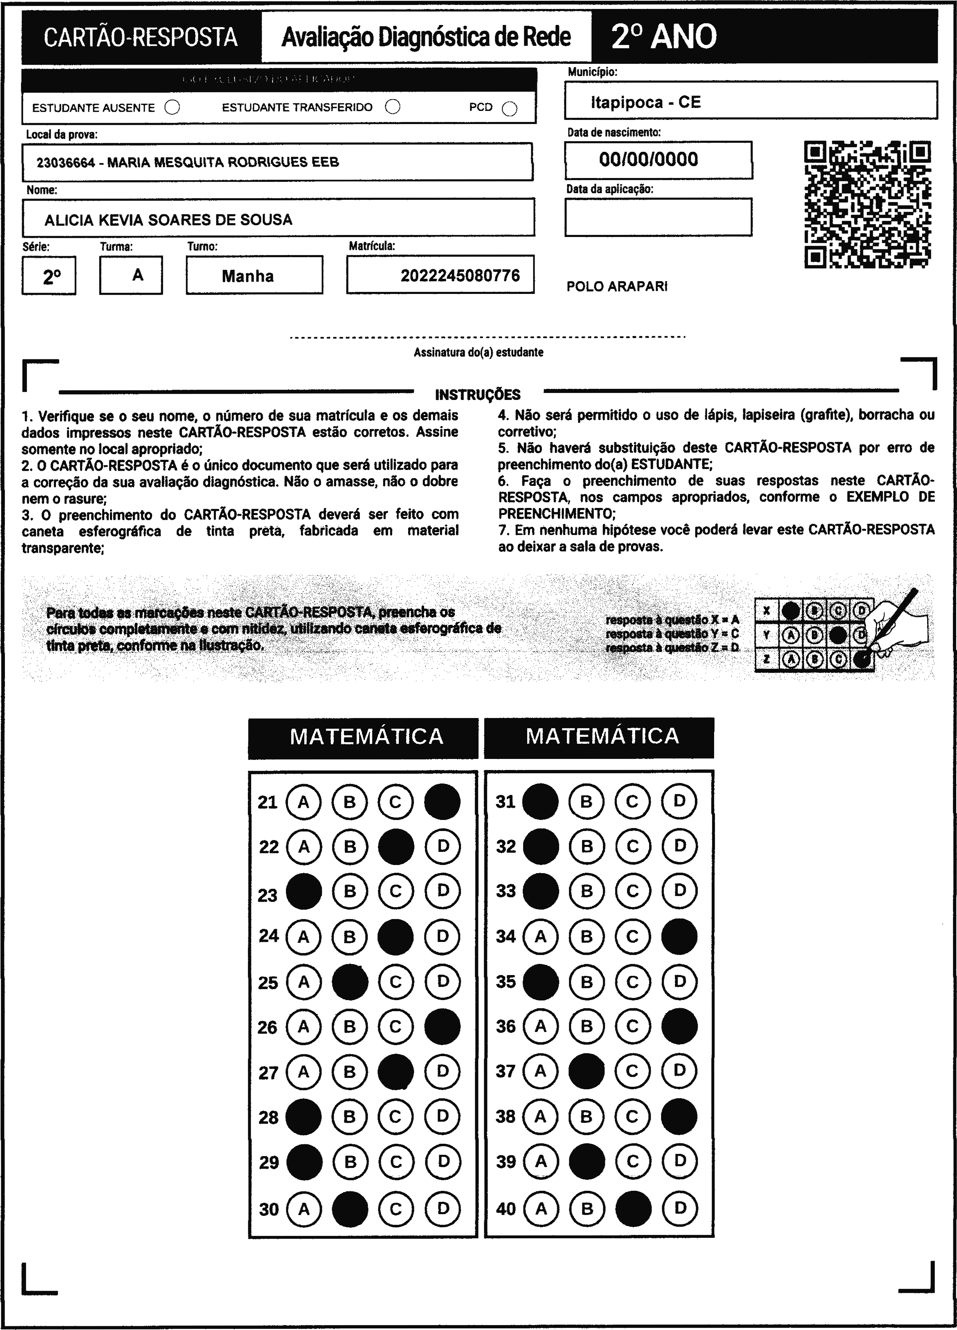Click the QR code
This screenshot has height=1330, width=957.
tap(867, 204)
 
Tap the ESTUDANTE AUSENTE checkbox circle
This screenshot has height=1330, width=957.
tap(172, 107)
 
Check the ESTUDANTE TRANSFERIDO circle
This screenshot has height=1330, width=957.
tap(393, 107)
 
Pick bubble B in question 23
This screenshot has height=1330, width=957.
tap(350, 891)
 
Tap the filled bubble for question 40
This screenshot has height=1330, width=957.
tap(633, 1208)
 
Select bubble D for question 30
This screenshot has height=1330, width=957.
tap(443, 1208)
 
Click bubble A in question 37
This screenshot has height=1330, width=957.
tap(540, 1071)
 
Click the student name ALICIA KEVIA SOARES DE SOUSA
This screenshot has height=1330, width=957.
tap(168, 220)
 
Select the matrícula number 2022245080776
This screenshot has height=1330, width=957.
tap(460, 275)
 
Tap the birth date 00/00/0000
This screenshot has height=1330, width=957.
tap(648, 160)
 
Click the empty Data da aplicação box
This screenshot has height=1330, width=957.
tap(658, 217)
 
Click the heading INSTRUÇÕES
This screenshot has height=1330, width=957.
tap(478, 395)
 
